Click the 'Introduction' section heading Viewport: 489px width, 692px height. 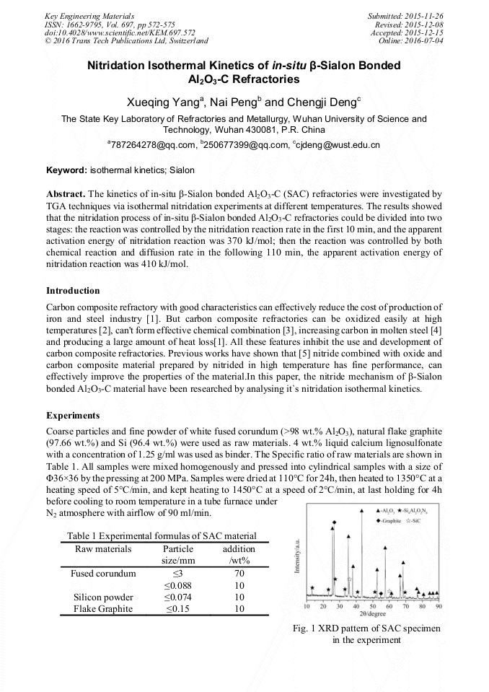pos(73,291)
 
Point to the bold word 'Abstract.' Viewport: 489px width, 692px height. pos(66,195)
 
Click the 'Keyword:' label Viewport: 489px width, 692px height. pos(66,170)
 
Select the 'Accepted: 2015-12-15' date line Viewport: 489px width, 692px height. pos(405,33)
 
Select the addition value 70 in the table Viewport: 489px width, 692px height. pos(239,574)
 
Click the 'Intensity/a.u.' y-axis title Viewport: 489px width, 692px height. pos(297,559)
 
